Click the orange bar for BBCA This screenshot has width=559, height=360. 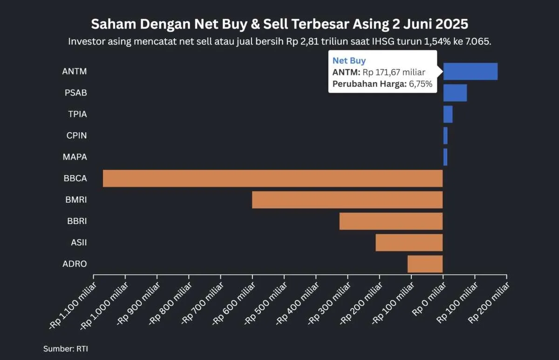click(273, 178)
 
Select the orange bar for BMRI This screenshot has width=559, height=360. click(347, 200)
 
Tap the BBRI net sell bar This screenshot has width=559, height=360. click(391, 221)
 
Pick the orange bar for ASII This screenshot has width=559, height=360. click(409, 243)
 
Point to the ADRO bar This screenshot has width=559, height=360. click(425, 264)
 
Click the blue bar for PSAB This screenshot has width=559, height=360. click(455, 93)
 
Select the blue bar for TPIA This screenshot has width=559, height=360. click(448, 114)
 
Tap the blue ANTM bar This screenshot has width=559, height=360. click(470, 71)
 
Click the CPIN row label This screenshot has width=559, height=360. click(76, 136)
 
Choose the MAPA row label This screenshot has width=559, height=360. click(75, 157)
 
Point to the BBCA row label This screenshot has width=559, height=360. click(75, 178)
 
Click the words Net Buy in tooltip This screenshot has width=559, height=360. click(349, 61)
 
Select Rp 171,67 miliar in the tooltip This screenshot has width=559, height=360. click(394, 72)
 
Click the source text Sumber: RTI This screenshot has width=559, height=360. click(65, 348)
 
